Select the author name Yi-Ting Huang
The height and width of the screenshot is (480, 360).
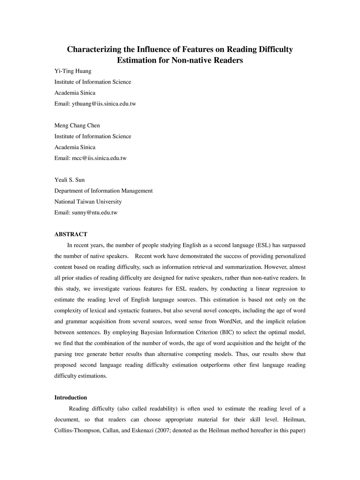73,71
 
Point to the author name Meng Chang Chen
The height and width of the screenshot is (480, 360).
77,126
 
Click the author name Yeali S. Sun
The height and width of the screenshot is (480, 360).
70,180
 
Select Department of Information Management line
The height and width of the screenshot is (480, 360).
103,191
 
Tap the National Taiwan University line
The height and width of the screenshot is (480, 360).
88,202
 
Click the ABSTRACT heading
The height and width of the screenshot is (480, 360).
71,235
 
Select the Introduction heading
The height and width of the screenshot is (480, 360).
71,398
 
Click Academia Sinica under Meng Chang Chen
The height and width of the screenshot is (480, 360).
75,147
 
